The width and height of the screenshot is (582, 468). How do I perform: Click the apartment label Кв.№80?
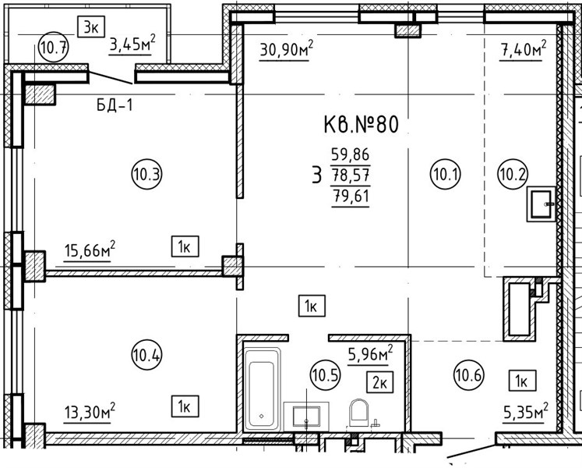[362, 124]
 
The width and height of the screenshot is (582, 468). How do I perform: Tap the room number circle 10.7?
[54, 48]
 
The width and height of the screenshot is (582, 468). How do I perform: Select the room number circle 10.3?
[147, 174]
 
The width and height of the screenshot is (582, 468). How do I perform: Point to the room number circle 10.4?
[147, 355]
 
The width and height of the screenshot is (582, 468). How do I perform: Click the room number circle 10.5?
[325, 375]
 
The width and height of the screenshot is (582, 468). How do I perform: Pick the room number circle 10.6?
[469, 374]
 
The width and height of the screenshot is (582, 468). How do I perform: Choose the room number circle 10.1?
[446, 174]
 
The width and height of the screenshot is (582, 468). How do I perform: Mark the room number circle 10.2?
[513, 174]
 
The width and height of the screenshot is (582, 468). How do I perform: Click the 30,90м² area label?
[287, 48]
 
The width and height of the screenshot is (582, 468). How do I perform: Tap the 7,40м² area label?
[524, 48]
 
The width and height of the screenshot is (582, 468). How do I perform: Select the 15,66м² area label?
[90, 250]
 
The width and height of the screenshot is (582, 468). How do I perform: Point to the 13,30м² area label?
[90, 411]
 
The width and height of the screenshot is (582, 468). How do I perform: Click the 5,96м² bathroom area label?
[370, 353]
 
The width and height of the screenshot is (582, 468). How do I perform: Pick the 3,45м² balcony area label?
[132, 44]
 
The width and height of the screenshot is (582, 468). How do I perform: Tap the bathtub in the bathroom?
[262, 389]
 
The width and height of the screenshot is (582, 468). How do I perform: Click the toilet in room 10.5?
[358, 413]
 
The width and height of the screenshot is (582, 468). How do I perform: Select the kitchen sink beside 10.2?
[541, 204]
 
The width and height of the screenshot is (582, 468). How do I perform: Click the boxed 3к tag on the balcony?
[91, 27]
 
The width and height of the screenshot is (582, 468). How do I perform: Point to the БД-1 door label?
[115, 105]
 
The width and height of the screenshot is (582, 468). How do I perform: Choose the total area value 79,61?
[351, 195]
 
